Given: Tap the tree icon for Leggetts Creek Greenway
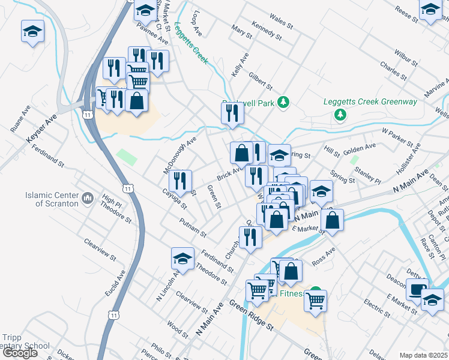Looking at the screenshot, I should (x=341, y=114).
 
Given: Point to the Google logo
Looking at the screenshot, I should (x=20, y=353).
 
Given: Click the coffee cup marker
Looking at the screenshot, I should (x=417, y=289).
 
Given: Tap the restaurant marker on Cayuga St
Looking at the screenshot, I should (x=180, y=181).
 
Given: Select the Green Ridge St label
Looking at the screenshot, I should (x=253, y=315).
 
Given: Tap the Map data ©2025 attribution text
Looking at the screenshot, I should (x=424, y=355).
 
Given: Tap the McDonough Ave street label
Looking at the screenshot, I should (x=180, y=155).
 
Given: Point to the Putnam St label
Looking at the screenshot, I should (x=193, y=228).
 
